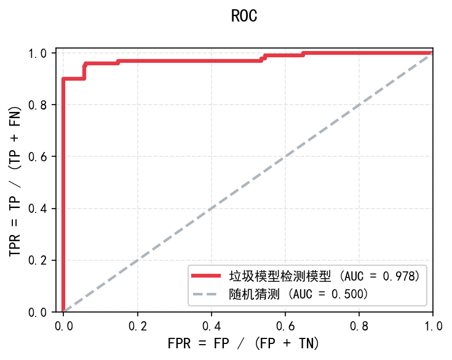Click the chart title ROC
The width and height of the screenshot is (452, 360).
coord(244,16)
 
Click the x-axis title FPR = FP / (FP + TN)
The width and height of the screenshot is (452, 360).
coord(244,343)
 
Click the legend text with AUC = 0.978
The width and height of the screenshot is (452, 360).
coord(324,275)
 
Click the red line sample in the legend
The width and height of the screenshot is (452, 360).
coord(207,275)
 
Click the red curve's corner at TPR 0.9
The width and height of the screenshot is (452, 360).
coord(63,79)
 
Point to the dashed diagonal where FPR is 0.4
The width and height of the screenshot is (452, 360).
coord(212,208)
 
